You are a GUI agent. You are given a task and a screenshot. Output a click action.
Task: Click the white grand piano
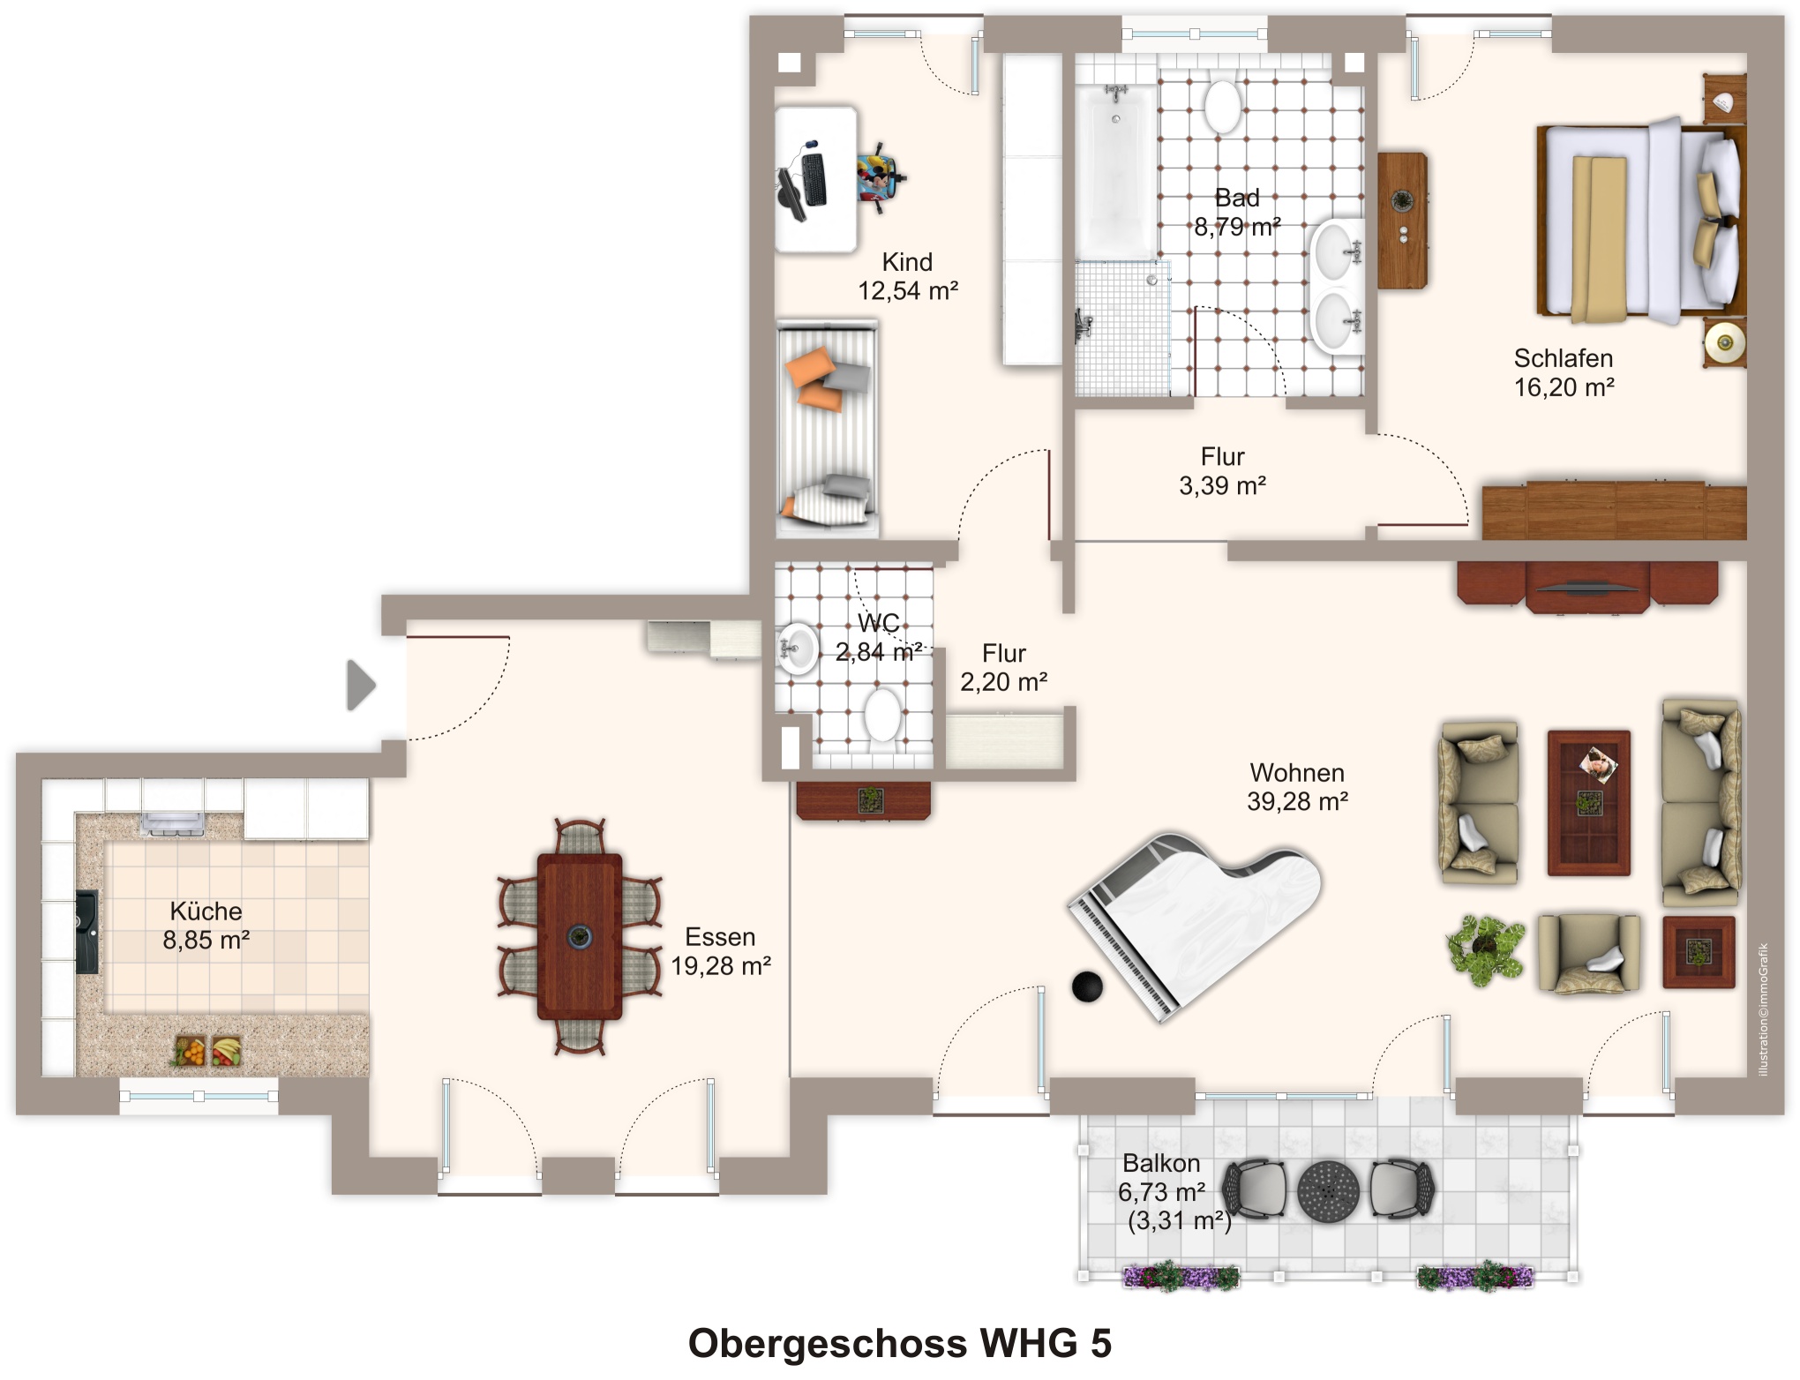1196,922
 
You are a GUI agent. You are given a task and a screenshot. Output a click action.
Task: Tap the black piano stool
1087,986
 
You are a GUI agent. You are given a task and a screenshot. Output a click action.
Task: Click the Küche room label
206,911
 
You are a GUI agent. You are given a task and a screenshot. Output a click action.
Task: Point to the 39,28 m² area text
1297,801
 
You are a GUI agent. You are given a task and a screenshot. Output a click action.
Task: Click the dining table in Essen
580,936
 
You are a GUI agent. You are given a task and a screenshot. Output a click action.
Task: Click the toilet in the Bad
1223,106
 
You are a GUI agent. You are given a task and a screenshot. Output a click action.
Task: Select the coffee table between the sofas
1588,803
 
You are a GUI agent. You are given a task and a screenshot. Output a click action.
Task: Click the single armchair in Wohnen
1589,954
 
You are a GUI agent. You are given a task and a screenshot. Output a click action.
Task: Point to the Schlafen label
1563,358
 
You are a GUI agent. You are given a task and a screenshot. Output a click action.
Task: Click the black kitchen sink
86,932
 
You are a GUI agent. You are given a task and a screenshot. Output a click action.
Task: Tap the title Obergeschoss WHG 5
899,1344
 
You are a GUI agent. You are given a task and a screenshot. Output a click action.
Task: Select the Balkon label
1161,1163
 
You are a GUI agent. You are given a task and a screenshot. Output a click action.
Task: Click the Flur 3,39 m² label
1222,471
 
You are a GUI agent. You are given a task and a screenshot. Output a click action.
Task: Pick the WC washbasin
798,649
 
